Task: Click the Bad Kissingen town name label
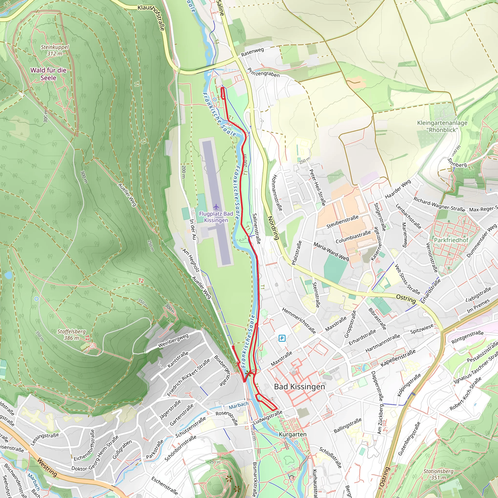(x=299, y=387)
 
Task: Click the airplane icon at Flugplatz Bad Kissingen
(x=216, y=207)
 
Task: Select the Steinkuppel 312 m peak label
(x=55, y=50)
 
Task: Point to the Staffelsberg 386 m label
(x=71, y=335)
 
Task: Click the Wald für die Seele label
(x=48, y=74)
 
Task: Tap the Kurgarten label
(x=293, y=435)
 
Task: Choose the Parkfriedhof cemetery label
(x=451, y=240)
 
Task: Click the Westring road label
(x=47, y=467)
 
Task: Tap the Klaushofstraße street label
(x=151, y=17)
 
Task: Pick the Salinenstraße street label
(x=257, y=228)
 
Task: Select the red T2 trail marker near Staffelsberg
(x=141, y=280)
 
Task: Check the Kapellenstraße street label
(x=398, y=358)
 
